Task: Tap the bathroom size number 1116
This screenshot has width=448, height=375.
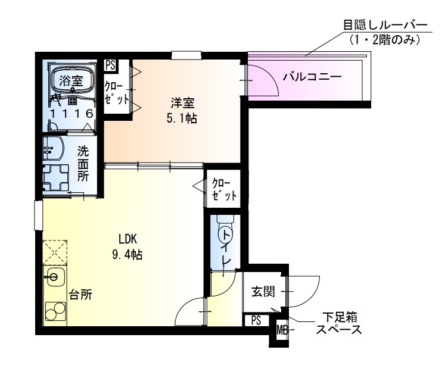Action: pos(70,113)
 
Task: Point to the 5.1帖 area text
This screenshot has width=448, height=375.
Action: pos(182,117)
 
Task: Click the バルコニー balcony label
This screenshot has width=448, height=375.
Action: pos(312,77)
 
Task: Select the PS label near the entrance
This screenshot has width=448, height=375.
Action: pos(256,320)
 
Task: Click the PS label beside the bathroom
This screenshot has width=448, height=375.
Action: pos(110,65)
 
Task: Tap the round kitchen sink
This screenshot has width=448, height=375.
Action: pos(55,276)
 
